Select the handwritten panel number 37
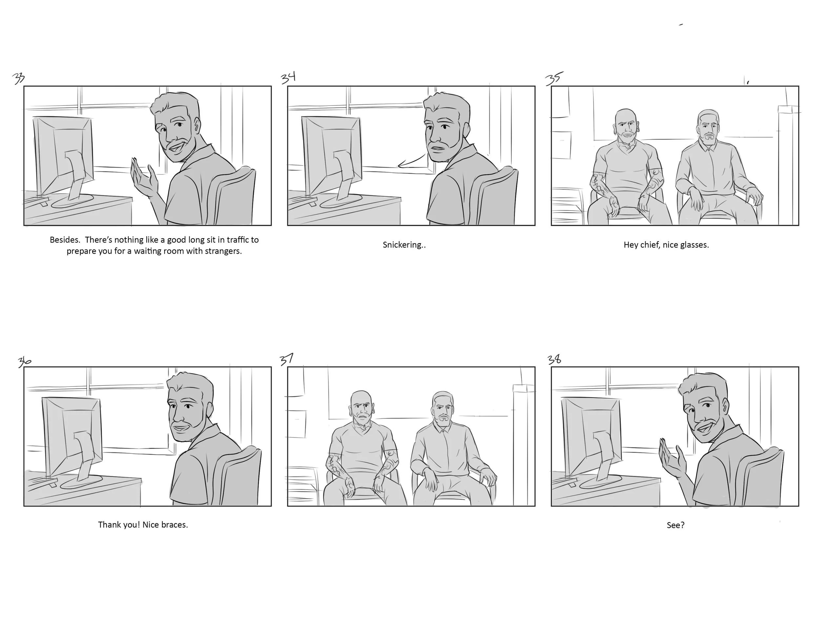287,360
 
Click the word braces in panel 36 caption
174,525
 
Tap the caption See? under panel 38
675,525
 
